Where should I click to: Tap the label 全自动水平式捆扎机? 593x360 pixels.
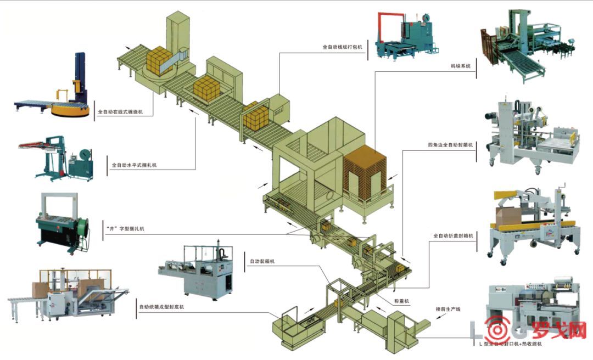pyautogui.click(x=134, y=164)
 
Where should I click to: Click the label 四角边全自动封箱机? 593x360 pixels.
pyautogui.click(x=450, y=145)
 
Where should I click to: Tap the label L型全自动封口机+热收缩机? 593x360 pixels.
pyautogui.click(x=510, y=344)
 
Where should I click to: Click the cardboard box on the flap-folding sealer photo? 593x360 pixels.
pyautogui.click(x=508, y=217)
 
